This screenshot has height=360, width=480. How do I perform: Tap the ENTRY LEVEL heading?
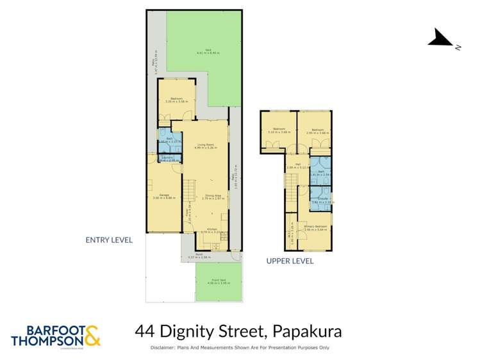tap(109, 240)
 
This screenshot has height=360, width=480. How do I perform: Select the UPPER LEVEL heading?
tap(290, 261)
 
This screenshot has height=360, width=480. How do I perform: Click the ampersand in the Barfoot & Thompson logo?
tap(92, 336)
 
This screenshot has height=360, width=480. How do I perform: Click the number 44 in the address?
tap(145, 332)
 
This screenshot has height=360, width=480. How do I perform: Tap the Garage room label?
tap(164, 194)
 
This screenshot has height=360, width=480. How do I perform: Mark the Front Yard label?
tap(219, 281)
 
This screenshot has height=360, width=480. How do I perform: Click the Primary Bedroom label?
tap(316, 226)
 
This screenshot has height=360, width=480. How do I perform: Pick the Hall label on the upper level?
tap(299, 164)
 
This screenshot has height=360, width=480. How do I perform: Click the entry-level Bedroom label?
tap(176, 98)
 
